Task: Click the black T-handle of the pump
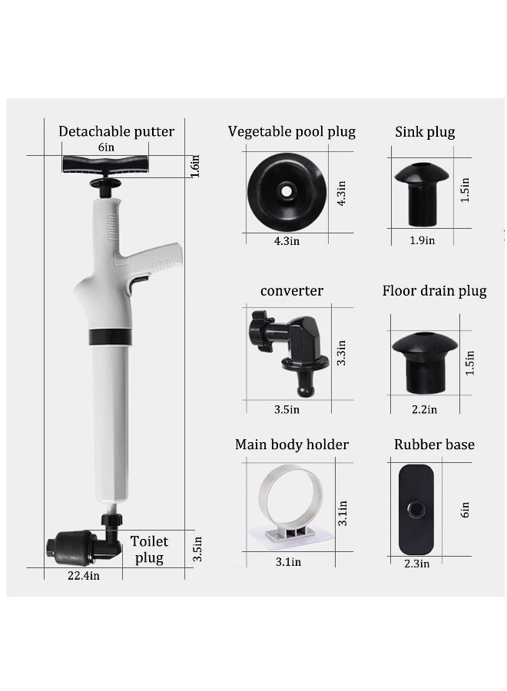(105, 164)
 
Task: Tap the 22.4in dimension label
(83, 575)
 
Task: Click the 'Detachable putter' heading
(117, 131)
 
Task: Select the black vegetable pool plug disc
(287, 192)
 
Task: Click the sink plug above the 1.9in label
(422, 194)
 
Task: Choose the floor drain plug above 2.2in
(425, 362)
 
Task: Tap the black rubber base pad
(416, 510)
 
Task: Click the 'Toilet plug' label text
(149, 550)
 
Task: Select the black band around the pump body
(110, 337)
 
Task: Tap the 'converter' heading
(291, 291)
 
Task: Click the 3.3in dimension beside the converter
(341, 353)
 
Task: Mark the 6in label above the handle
(106, 147)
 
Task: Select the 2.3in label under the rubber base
(416, 564)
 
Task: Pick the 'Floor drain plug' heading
(434, 291)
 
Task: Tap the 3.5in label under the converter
(287, 409)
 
